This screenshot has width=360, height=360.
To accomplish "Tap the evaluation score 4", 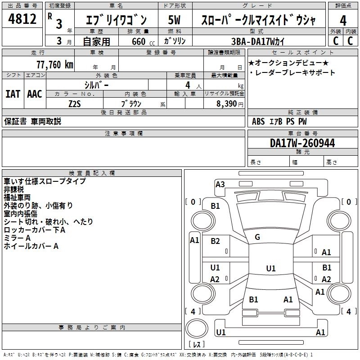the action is point(343,21).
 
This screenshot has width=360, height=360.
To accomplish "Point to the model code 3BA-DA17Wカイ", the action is point(258,41).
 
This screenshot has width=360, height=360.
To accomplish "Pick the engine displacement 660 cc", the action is point(137,41).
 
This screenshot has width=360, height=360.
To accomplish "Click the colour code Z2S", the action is point(75,103).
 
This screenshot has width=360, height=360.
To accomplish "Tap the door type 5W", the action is point(174,21).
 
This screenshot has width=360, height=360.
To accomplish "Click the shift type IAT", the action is point(13,94).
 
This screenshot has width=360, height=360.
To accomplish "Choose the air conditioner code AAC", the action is point(34,94).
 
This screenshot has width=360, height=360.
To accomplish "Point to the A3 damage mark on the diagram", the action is point(220,184).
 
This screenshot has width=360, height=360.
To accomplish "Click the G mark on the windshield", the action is point(257,237).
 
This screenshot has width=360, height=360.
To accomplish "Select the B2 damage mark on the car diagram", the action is point(215,241).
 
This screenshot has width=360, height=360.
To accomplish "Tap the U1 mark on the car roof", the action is point(270,268).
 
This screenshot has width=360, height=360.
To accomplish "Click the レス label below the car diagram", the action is point(196,345).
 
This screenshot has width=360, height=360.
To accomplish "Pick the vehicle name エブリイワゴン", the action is point(116,21).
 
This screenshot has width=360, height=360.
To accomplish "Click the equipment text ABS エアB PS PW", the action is point(279,121).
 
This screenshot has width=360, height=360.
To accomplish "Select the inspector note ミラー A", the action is point(17,238).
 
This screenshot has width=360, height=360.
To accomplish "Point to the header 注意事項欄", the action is point(123,134).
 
